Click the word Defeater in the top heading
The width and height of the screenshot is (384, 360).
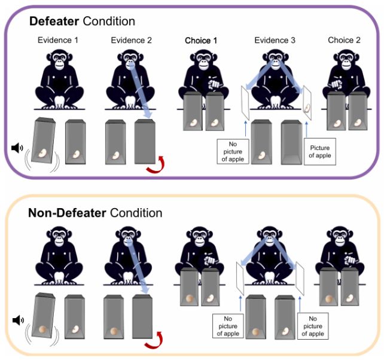(53, 22)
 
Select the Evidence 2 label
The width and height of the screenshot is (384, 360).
(132, 40)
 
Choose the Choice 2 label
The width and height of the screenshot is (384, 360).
(346, 40)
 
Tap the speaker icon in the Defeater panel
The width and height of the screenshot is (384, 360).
(18, 147)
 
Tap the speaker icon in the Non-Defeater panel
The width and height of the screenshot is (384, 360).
(18, 321)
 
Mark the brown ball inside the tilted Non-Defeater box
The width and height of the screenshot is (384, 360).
(42, 330)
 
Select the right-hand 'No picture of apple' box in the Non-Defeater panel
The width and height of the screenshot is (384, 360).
(312, 325)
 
